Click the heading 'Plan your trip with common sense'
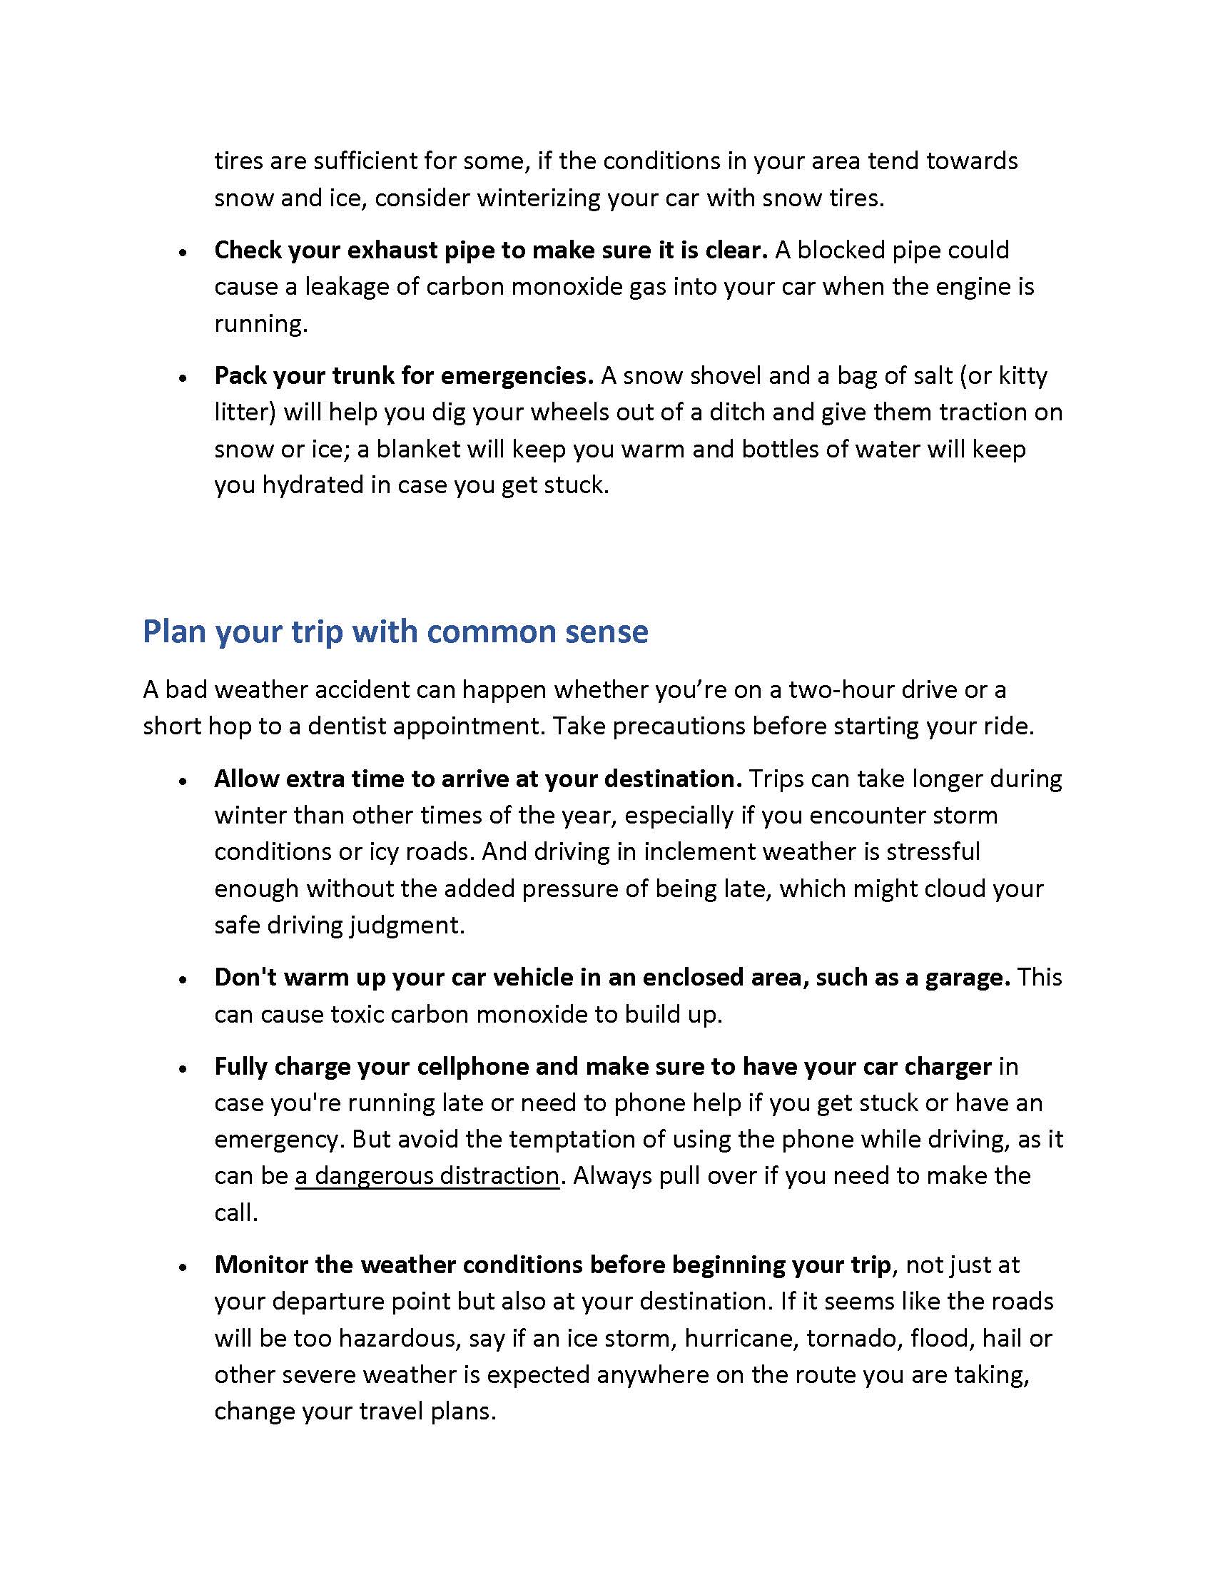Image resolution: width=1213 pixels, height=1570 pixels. tap(395, 632)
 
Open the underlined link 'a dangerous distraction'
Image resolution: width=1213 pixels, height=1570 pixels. tap(427, 1175)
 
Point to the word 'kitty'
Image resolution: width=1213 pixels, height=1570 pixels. tap(1022, 375)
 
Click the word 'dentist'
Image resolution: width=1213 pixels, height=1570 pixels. tap(347, 726)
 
